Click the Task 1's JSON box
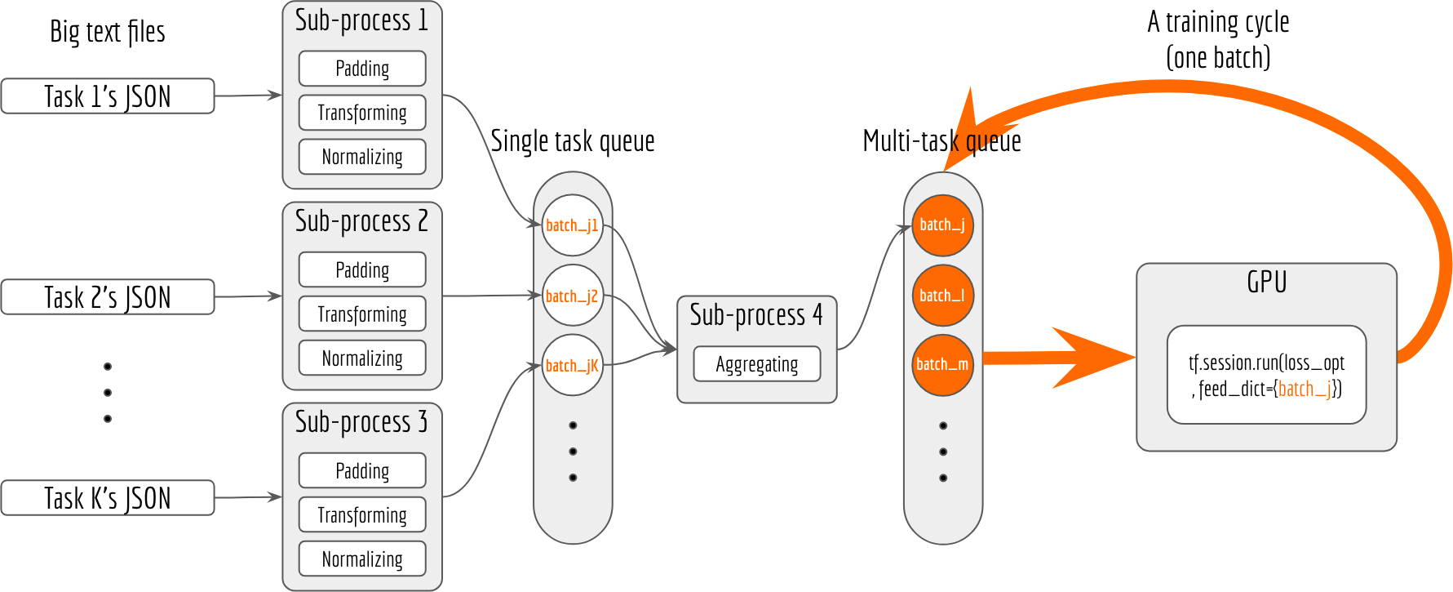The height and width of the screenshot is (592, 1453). click(108, 96)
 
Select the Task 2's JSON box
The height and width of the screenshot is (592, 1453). click(108, 297)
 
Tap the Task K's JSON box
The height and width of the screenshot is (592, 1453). click(108, 498)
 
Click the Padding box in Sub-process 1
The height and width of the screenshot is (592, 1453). click(362, 69)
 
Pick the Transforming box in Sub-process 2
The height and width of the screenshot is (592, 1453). click(362, 314)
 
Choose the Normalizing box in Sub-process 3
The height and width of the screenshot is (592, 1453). click(362, 559)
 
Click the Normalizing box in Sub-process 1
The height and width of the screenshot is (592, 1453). click(362, 157)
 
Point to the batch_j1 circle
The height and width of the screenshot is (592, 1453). click(572, 225)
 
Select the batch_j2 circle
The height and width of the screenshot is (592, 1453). click(572, 296)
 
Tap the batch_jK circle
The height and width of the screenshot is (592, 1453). click(572, 365)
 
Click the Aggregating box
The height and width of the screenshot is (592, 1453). click(757, 364)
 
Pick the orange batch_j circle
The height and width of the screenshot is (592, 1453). click(942, 225)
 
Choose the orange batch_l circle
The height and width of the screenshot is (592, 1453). click(942, 296)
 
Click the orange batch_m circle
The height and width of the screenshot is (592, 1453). click(942, 365)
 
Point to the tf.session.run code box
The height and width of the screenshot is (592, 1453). click(1266, 375)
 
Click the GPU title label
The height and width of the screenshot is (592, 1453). click(1266, 282)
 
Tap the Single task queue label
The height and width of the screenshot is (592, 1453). click(573, 141)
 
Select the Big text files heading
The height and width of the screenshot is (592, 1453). click(108, 32)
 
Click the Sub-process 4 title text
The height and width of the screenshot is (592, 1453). click(756, 315)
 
